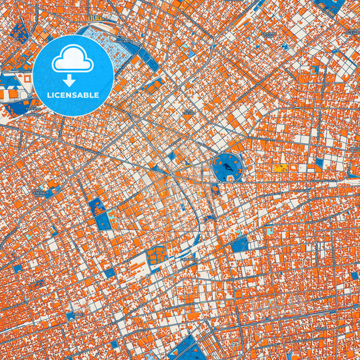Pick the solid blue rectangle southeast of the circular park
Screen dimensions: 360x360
pos(239,244)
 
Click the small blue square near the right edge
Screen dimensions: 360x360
pos(354,275)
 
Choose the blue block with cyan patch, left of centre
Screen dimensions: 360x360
pos(103,220)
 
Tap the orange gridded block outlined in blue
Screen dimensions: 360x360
pos(157,256)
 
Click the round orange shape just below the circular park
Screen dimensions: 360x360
pos(215,188)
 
